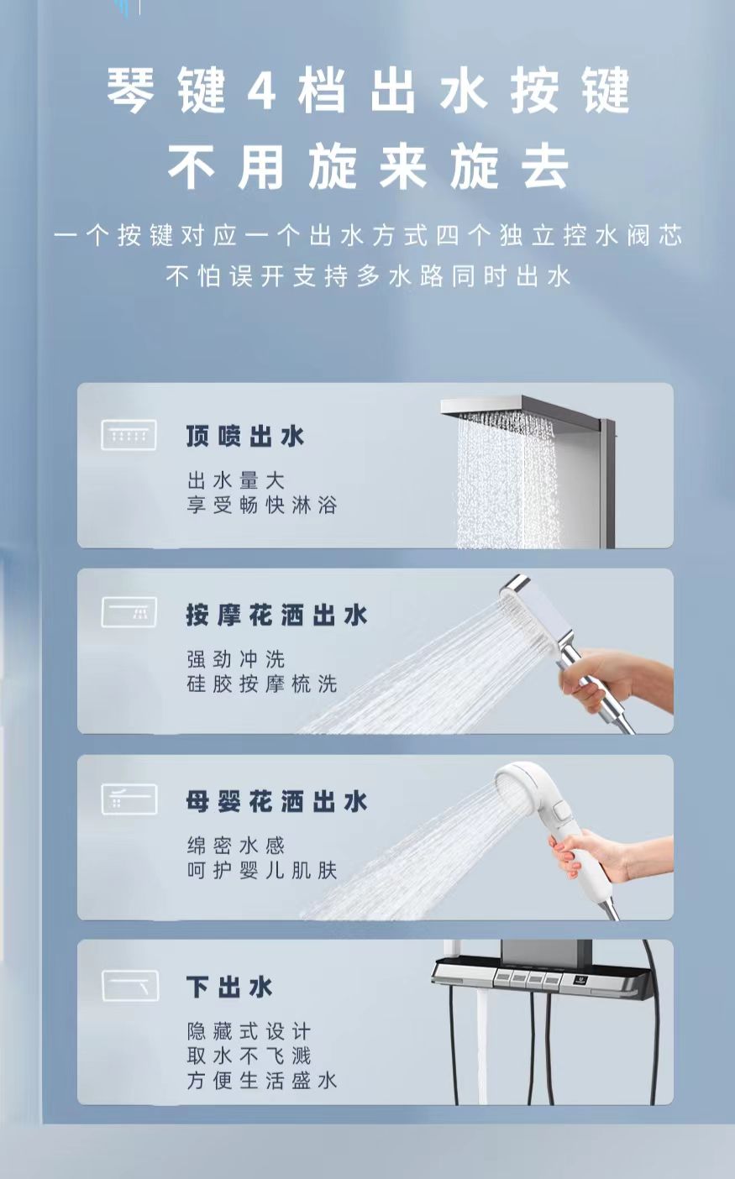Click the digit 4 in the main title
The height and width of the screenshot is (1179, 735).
[262, 90]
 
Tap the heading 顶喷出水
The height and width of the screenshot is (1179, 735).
[245, 437]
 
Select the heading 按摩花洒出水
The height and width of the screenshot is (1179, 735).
[277, 615]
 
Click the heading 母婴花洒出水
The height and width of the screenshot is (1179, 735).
[277, 802]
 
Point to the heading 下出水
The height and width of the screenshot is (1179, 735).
[229, 987]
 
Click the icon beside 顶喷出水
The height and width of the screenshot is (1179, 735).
[129, 435]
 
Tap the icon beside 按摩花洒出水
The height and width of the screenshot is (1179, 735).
[129, 612]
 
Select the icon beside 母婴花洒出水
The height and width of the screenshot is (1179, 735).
[129, 799]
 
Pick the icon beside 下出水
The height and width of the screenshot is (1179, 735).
[129, 985]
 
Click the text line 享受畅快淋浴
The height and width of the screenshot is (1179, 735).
[262, 506]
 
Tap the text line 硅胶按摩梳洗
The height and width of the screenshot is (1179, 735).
[262, 684]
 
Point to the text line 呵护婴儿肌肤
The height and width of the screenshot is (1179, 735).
[262, 871]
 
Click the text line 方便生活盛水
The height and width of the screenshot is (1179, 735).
[262, 1081]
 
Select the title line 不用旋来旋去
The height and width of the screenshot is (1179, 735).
[369, 167]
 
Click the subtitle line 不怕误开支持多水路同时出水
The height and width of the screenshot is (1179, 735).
[369, 276]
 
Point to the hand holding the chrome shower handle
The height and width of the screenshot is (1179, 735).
[613, 679]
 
